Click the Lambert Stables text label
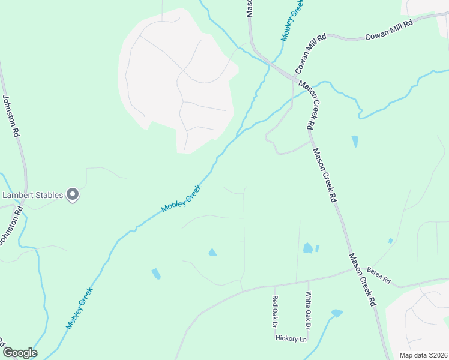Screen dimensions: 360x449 tap(34, 195)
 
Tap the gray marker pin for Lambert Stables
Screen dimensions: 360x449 tap(73, 194)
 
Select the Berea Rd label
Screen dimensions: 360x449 tap(379, 275)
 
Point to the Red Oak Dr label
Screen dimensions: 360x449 tap(275, 311)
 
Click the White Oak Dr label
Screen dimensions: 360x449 tap(308, 310)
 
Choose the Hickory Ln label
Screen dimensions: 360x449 tap(291, 338)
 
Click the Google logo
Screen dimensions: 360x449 tap(20, 353)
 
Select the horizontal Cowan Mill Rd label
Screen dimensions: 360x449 tap(390, 31)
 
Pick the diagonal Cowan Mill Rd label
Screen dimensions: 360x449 tap(310, 53)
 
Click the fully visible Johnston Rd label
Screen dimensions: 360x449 tap(12, 116)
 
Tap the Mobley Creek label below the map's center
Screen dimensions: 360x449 tap(181, 199)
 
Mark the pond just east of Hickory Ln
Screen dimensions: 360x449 tap(337, 313)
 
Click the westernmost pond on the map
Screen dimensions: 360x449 tap(156, 274)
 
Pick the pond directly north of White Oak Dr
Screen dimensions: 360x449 tap(308, 248)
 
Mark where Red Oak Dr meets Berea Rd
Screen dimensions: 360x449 tap(275, 286)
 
